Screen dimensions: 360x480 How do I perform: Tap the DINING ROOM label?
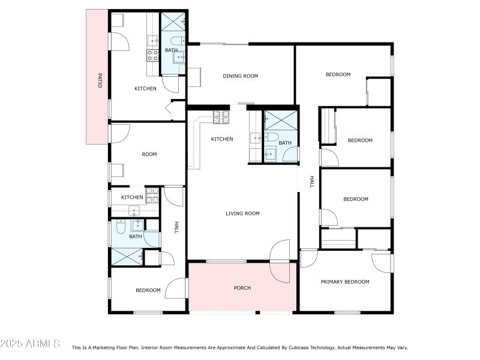point(240,76)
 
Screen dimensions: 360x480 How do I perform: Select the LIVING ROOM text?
point(242,213)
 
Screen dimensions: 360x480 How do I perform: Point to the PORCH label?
point(242,288)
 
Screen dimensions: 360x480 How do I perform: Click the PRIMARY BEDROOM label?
point(344,281)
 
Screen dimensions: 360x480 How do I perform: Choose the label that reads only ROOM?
point(149,154)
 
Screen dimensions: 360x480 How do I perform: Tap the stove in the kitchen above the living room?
point(221,117)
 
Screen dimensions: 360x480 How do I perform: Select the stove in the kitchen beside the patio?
point(153,56)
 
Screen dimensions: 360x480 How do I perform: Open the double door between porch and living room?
point(280,262)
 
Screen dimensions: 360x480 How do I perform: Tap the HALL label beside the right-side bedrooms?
point(311,181)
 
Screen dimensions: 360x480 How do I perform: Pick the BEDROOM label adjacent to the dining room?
point(338,74)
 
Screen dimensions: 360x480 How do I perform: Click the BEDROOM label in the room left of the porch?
point(148,290)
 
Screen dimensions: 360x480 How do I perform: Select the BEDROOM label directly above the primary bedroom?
point(355,199)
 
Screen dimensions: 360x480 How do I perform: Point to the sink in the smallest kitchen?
point(133,209)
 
